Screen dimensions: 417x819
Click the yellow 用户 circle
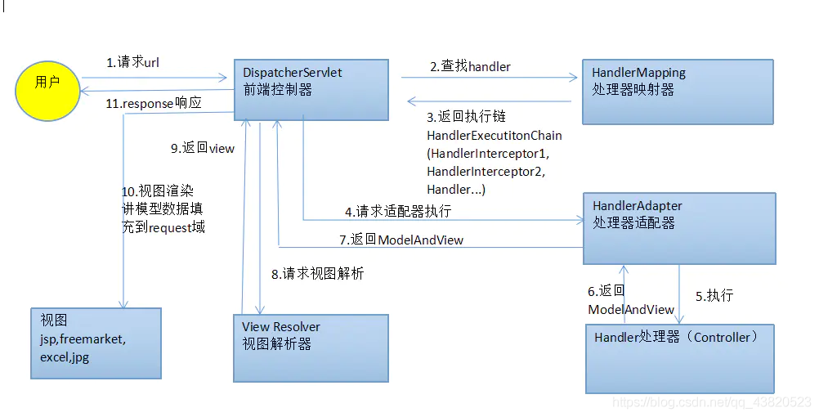point(47,83)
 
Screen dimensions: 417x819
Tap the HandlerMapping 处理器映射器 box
point(678,91)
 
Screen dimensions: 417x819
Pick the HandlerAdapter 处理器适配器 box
point(678,228)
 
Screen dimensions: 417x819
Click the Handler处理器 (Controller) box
point(679,358)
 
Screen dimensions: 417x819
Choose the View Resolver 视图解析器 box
point(311,347)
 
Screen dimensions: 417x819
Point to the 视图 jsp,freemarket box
point(96,343)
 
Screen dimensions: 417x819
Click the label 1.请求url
point(132,62)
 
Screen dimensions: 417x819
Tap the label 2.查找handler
point(471,66)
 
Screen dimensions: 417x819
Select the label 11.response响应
point(154,103)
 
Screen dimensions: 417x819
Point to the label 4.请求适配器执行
point(397,211)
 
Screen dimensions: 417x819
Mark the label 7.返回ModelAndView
point(401,240)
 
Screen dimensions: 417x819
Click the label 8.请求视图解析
point(317,274)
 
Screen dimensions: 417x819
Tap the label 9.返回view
point(202,148)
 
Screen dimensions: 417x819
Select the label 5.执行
point(714,296)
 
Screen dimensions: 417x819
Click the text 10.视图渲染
point(157,191)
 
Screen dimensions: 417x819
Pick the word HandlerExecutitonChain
point(494,135)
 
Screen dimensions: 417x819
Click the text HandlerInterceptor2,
point(485,172)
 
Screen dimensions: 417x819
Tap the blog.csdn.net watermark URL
point(711,403)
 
